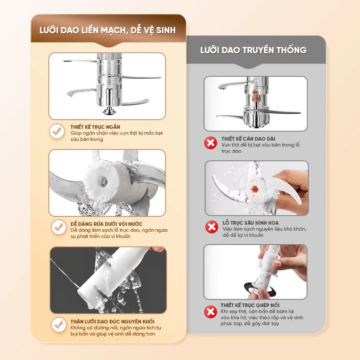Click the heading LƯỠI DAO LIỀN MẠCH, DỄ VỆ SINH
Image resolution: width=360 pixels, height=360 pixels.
point(108,30)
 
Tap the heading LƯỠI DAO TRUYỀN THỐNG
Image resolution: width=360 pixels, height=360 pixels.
point(253,50)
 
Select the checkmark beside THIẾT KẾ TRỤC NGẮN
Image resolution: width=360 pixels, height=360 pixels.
point(57,131)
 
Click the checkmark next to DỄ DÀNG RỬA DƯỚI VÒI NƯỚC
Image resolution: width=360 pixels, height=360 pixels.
point(59,227)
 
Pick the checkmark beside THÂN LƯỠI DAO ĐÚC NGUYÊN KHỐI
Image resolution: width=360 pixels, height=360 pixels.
point(59,324)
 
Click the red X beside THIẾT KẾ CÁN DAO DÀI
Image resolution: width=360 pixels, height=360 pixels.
point(211,143)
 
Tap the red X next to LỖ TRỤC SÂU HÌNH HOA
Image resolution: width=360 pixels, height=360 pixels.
point(212,227)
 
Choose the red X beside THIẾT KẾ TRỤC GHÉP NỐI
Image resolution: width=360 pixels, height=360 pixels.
point(211,312)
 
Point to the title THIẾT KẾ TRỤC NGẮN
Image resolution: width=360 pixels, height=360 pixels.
point(95,127)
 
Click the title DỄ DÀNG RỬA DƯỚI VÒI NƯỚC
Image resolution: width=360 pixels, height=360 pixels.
point(106,224)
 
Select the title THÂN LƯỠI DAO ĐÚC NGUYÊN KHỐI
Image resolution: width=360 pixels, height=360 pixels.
point(112,321)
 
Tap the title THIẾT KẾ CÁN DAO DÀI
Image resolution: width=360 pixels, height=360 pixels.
point(248,139)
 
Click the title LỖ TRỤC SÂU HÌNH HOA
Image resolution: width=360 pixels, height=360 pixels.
point(250,223)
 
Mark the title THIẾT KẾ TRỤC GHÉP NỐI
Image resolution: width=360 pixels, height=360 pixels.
point(250,305)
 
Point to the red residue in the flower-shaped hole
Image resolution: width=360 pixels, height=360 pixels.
point(255,189)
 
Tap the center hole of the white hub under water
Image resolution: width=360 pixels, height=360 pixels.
point(103,181)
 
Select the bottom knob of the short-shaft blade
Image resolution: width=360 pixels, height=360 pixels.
point(109,111)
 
